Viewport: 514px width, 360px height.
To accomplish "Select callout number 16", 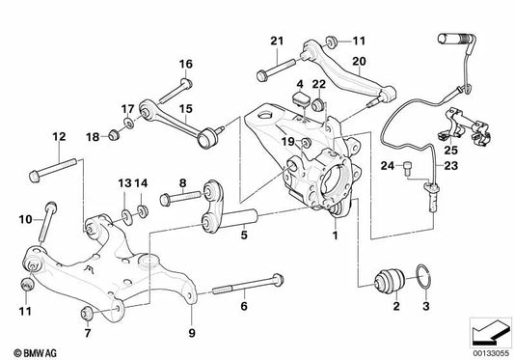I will [x=185, y=64].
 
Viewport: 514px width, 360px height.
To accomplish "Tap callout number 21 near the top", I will [x=277, y=42].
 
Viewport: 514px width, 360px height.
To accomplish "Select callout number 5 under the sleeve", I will [x=244, y=234].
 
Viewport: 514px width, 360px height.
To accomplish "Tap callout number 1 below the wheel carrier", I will [x=335, y=235].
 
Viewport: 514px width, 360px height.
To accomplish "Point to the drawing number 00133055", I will [x=490, y=351].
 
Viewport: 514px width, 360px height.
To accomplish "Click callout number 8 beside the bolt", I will [x=181, y=182].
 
